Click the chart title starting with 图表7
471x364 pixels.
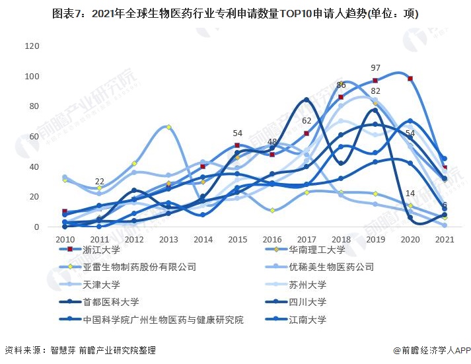[x=235, y=13]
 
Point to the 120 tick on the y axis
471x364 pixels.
[x=31, y=46]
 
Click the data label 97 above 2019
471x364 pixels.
[x=375, y=68]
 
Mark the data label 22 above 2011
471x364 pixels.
[x=99, y=182]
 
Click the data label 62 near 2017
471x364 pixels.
[x=306, y=121]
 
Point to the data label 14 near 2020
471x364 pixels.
[x=410, y=194]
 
